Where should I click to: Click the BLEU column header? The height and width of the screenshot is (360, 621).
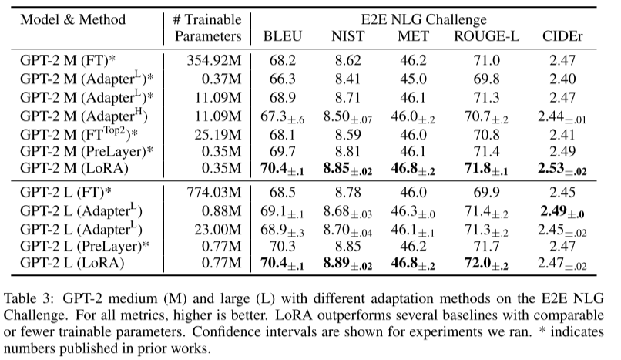pyautogui.click(x=283, y=35)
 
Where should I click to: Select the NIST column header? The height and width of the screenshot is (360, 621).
pyautogui.click(x=348, y=35)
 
